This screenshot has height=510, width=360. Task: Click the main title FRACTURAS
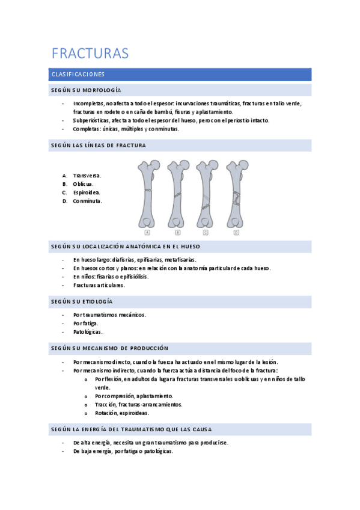pyautogui.click(x=90, y=54)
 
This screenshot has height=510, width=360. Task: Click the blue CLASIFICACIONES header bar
pyautogui.click(x=181, y=75)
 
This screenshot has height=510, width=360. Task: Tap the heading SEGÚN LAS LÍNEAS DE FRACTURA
pyautogui.click(x=99, y=146)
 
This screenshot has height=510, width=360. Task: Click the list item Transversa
pyautogui.click(x=87, y=176)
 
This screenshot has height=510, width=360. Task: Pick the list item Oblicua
pyautogui.click(x=85, y=184)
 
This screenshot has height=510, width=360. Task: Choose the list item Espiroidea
pyautogui.click(x=87, y=192)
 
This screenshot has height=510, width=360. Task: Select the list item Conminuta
pyautogui.click(x=87, y=201)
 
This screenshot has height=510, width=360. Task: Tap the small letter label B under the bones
pyautogui.click(x=178, y=232)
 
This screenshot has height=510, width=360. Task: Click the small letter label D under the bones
pyautogui.click(x=236, y=232)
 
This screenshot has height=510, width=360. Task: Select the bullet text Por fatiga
pyautogui.click(x=85, y=323)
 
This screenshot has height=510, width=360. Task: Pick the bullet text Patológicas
pyautogui.click(x=88, y=331)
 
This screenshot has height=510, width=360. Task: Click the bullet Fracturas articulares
pyautogui.click(x=99, y=285)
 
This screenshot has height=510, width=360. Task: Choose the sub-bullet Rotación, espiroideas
pyautogui.click(x=121, y=413)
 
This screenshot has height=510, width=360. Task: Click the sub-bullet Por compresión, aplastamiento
pyautogui.click(x=134, y=396)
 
